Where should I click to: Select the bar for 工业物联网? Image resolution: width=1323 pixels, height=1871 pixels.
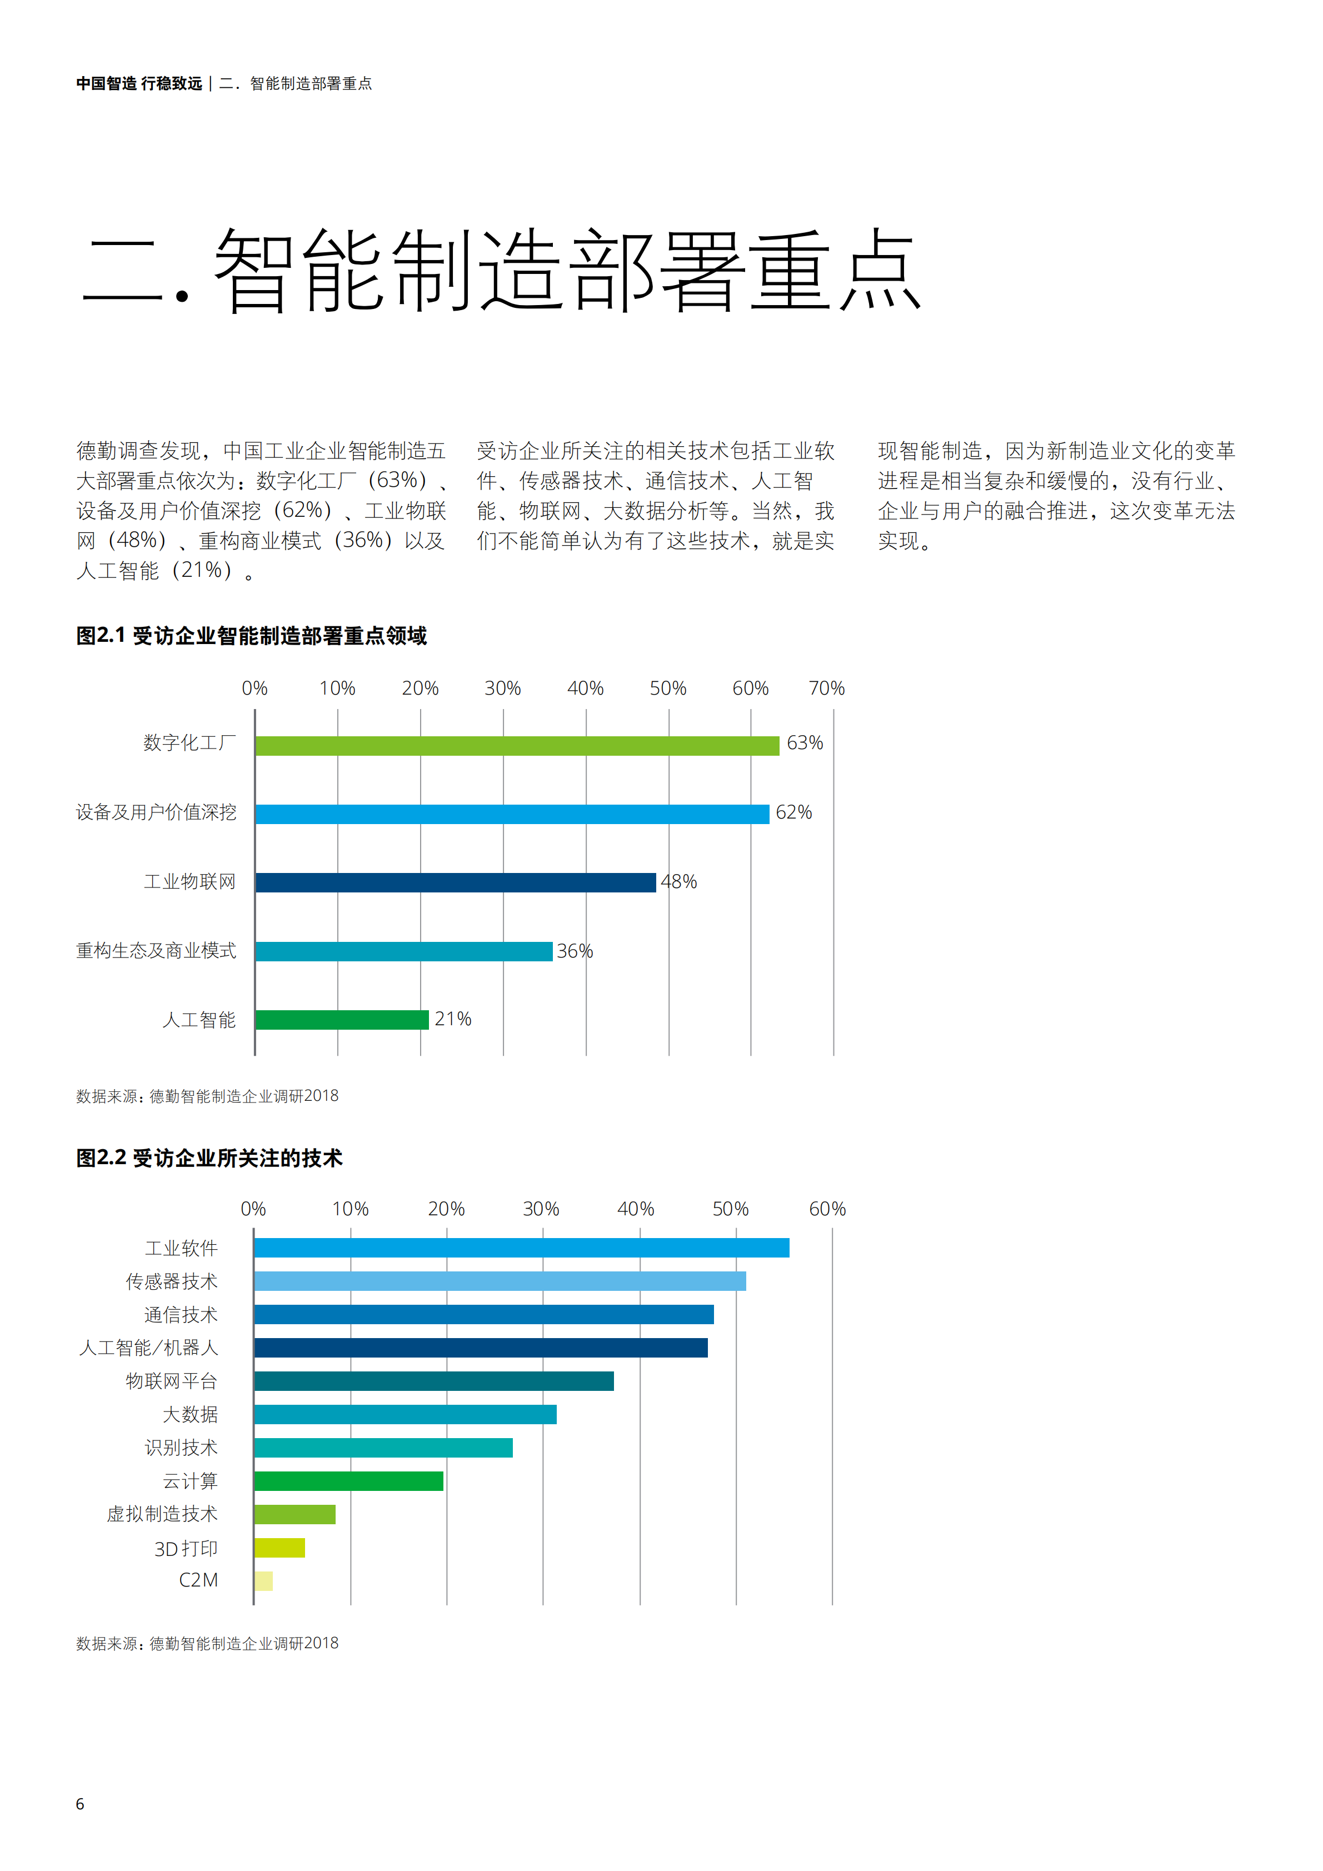click(456, 882)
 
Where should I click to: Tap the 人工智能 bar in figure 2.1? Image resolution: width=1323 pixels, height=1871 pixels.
click(342, 1020)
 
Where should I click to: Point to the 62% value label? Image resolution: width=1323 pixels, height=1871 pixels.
click(793, 812)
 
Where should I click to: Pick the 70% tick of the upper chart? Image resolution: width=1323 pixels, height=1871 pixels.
click(826, 688)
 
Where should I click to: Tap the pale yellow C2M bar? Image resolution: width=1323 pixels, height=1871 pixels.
click(263, 1581)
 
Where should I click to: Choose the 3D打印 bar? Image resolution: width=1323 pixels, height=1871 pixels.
click(279, 1548)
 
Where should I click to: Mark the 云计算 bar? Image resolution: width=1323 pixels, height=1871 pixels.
click(349, 1481)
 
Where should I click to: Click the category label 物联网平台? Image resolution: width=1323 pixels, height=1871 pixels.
click(171, 1381)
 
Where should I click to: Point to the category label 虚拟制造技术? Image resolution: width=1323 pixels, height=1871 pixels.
click(162, 1514)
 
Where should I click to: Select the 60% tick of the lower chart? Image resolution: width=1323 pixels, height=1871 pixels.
click(827, 1209)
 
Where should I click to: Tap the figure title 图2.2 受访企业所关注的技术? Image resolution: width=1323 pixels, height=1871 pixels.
click(209, 1158)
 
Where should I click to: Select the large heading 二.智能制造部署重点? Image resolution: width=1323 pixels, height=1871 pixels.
click(501, 271)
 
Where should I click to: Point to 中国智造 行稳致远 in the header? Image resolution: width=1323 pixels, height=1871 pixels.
click(139, 84)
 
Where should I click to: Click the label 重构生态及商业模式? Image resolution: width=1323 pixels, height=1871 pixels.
click(156, 951)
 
